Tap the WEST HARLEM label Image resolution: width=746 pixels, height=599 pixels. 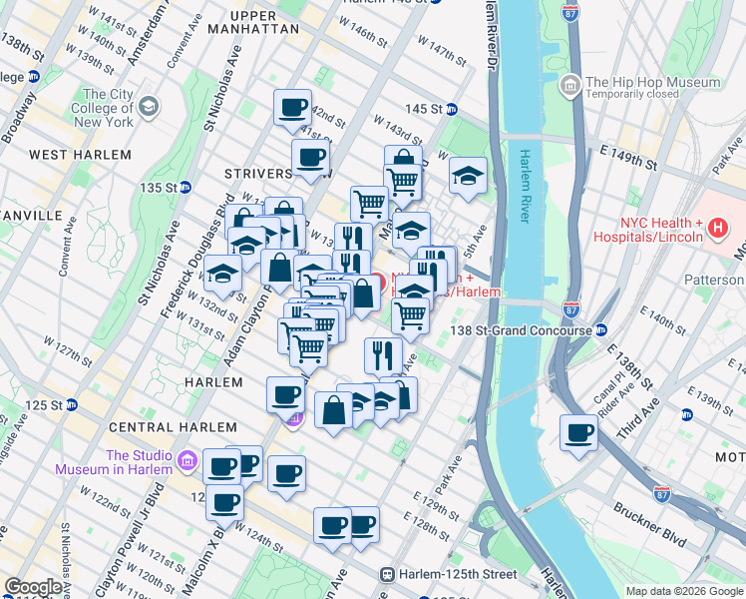[80, 155]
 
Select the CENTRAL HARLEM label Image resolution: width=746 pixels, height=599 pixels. [159, 427]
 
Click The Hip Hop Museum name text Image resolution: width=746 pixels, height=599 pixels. [652, 83]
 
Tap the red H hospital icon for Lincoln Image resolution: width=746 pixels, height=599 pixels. [716, 231]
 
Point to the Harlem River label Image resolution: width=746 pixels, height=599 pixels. [526, 186]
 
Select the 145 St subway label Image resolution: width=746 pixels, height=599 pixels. [423, 108]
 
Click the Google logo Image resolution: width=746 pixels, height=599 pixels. [33, 587]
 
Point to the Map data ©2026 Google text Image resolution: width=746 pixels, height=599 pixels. [684, 591]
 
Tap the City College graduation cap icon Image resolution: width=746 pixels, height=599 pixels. [148, 105]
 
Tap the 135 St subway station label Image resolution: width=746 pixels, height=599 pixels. [159, 187]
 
